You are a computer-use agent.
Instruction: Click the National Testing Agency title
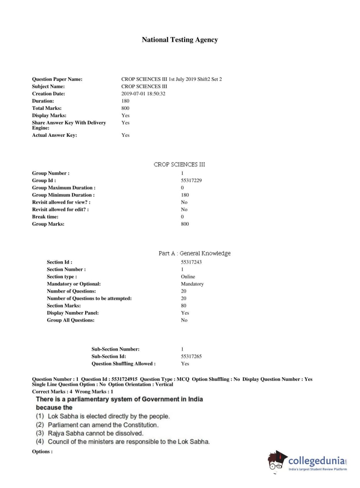[x=180, y=40]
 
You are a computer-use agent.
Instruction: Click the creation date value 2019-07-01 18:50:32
[x=143, y=94]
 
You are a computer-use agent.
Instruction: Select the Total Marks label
[x=47, y=108]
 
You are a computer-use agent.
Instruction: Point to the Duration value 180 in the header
[x=125, y=101]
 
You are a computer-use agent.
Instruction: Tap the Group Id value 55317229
[x=191, y=180]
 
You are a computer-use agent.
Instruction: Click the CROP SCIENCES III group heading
[x=179, y=164]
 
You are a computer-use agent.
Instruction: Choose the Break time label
[x=45, y=217]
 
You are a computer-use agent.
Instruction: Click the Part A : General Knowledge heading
[x=195, y=253]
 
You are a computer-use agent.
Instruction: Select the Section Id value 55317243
[x=191, y=262]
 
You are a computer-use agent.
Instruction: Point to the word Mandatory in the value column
[x=192, y=284]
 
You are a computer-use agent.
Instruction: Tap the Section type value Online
[x=188, y=277]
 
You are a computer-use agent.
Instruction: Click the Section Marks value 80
[x=183, y=306]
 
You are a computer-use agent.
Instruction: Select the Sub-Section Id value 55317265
[x=191, y=356]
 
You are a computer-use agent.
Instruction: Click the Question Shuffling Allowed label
[x=123, y=363]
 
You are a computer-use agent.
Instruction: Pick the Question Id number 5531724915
[x=124, y=379]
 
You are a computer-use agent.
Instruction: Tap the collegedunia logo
[x=308, y=461]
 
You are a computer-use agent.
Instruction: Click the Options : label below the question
[x=42, y=452]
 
